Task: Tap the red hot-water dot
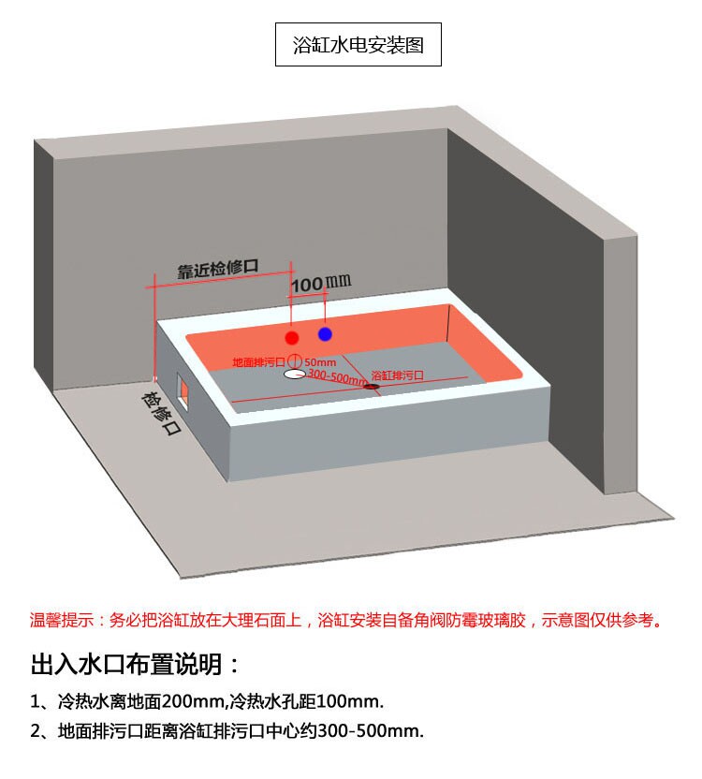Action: coord(292,337)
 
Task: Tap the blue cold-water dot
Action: coord(325,333)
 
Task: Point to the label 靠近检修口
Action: coord(217,268)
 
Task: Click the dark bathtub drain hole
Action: coord(372,386)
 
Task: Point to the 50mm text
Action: coord(319,361)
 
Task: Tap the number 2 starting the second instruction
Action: coord(35,731)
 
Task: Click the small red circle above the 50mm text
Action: coord(293,360)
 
